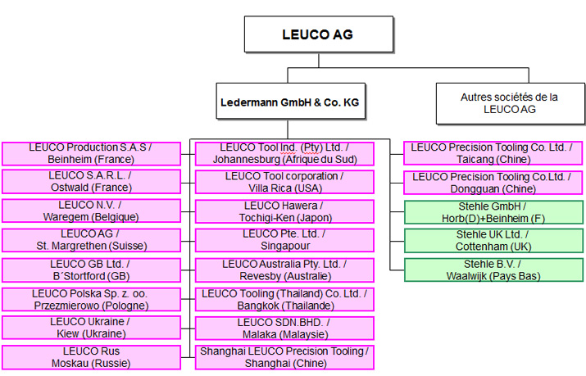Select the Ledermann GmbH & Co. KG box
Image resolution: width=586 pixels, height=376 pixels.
pyautogui.click(x=290, y=103)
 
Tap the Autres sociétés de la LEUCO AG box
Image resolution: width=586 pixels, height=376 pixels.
pyautogui.click(x=509, y=102)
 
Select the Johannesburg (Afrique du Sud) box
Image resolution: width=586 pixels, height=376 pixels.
pyautogui.click(x=284, y=153)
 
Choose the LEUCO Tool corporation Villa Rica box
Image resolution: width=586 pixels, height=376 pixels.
pyautogui.click(x=284, y=182)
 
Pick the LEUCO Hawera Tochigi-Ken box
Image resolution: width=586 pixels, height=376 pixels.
pyautogui.click(x=284, y=211)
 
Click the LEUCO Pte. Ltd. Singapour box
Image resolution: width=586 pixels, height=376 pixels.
pyautogui.click(x=284, y=240)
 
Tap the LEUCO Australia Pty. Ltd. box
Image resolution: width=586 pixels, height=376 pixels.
pyautogui.click(x=284, y=270)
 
